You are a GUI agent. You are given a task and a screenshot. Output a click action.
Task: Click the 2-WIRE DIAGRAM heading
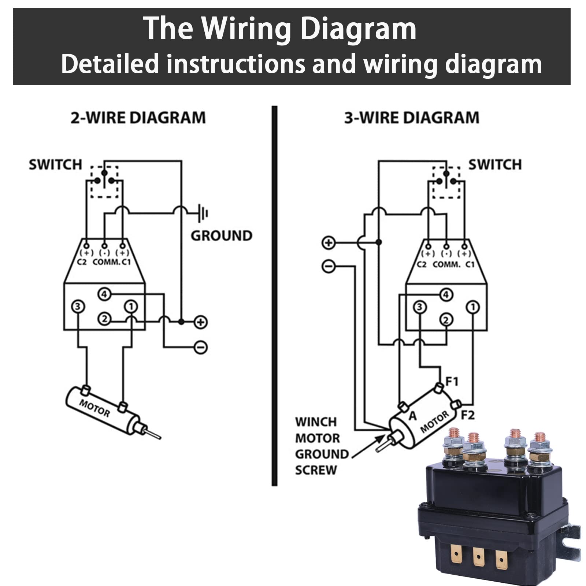pos(138,118)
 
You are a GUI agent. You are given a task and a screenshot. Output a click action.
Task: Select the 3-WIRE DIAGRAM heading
pos(412,118)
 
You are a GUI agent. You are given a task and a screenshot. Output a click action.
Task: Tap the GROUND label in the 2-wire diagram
pos(221,235)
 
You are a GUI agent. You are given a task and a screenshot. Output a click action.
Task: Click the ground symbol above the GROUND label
pos(202,213)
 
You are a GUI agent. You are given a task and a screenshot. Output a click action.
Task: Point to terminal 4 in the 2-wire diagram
pos(104,294)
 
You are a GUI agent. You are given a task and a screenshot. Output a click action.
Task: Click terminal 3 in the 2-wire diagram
pos(78,306)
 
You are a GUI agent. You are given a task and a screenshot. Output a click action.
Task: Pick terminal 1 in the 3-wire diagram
pos(472,307)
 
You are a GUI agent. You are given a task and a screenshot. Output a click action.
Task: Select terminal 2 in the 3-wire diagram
pos(446,320)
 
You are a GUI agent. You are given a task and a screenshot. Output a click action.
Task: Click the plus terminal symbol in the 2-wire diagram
pos(200,322)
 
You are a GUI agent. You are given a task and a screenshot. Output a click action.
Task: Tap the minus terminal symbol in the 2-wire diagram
pos(200,347)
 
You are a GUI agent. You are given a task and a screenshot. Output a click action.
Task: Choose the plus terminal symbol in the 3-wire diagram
pos(328,242)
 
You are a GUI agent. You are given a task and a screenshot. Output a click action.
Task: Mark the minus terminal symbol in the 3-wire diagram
pos(328,266)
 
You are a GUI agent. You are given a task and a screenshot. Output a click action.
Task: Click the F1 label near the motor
pos(452,382)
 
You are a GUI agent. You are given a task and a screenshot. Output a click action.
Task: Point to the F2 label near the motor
pos(467,415)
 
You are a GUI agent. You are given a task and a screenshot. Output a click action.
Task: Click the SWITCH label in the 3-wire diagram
pos(495,165)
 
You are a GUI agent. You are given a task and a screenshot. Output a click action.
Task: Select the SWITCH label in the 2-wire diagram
pos(55,165)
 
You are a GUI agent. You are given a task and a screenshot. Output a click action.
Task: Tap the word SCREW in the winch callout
pos(316,470)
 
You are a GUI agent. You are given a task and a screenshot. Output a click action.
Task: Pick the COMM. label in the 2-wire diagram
pos(106,262)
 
